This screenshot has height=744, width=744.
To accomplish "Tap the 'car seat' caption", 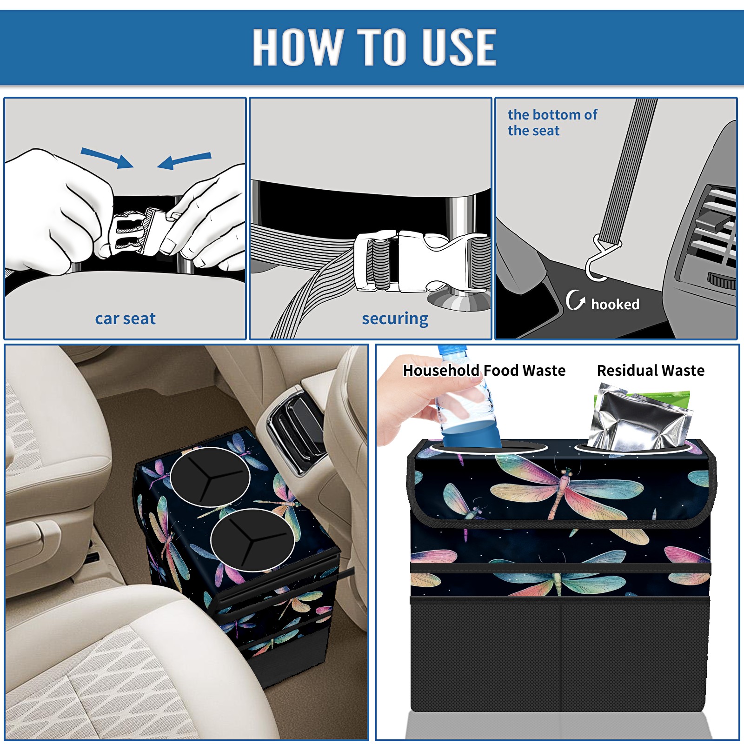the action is [125, 319].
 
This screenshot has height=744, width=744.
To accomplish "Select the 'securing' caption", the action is [395, 319].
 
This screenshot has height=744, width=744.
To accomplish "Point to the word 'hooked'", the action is [615, 304].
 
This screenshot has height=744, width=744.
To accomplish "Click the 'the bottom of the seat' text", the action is [552, 123].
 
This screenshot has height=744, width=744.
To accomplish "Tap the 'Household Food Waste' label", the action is [484, 370].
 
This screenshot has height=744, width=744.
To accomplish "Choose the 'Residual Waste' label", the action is [651, 370].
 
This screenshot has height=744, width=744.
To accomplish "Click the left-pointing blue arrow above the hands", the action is [184, 160].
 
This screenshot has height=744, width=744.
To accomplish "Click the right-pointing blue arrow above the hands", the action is [107, 158].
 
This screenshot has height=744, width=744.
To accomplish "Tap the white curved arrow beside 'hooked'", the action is [575, 300].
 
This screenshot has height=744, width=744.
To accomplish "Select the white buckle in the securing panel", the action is [421, 261].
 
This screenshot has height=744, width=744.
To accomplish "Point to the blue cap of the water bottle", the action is [452, 350].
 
